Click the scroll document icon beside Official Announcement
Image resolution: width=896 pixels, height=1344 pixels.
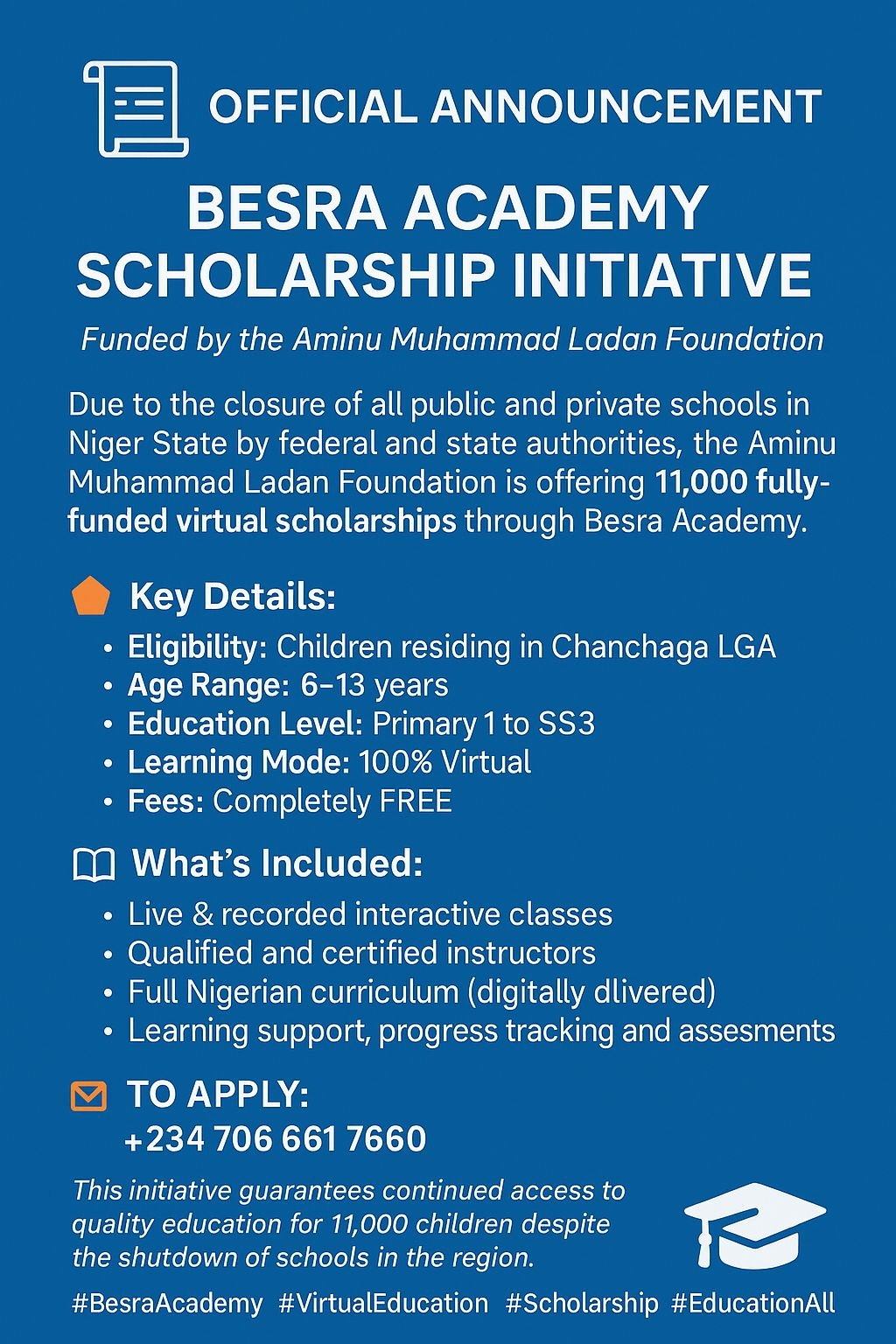pos(136,109)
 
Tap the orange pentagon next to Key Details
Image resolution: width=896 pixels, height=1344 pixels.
pos(90,597)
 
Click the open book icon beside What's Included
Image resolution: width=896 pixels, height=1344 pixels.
pos(93,865)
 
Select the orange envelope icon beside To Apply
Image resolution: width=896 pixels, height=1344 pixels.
pos(88,1096)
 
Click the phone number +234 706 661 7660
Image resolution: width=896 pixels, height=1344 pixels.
pos(276,1139)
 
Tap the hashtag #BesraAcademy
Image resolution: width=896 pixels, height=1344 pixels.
pos(167,1303)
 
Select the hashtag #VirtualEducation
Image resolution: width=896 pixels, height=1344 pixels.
pos(383,1303)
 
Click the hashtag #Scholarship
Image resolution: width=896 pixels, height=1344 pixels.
pos(582,1303)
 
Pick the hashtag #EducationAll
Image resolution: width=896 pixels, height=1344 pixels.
pos(753,1303)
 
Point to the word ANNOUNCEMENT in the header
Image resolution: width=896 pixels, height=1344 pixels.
pos(626,107)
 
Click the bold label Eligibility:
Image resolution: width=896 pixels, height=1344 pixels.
pos(197,647)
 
